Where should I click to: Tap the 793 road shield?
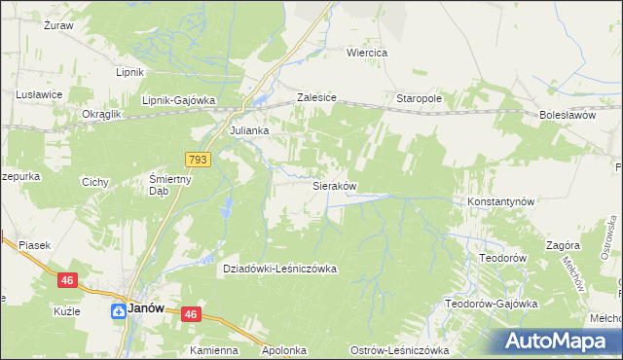[198, 159]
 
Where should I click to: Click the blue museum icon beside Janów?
[117, 310]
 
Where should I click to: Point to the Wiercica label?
[368, 53]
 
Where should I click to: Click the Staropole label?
[420, 99]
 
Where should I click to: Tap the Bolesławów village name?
[566, 115]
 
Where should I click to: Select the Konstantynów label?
[501, 201]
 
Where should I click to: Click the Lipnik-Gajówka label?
[178, 99]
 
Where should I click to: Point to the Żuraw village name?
[59, 25]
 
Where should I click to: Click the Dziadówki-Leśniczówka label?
[280, 269]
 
